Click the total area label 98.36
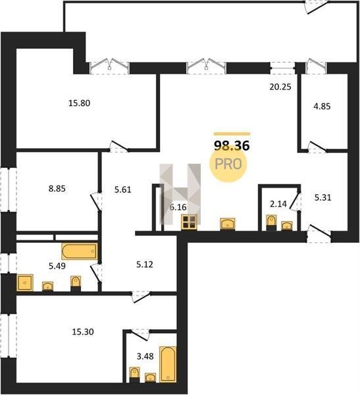(x=232, y=145)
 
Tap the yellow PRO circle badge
(x=228, y=164)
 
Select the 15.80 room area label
(x=80, y=103)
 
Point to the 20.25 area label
(x=280, y=87)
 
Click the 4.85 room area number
(x=322, y=106)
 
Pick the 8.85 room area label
(x=57, y=188)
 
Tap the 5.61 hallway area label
(x=122, y=190)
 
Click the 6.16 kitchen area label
(x=178, y=207)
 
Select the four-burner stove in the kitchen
(x=189, y=222)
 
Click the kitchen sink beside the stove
(x=228, y=224)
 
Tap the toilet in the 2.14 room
(x=271, y=223)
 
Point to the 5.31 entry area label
(x=322, y=197)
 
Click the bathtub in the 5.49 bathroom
(x=80, y=251)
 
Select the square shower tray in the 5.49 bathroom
(x=25, y=282)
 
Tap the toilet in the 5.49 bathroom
(x=76, y=284)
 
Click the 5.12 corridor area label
(x=144, y=265)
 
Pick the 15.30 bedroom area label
(x=83, y=332)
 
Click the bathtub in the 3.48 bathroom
(x=168, y=364)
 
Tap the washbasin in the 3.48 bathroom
(x=150, y=378)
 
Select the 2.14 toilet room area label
(x=278, y=204)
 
